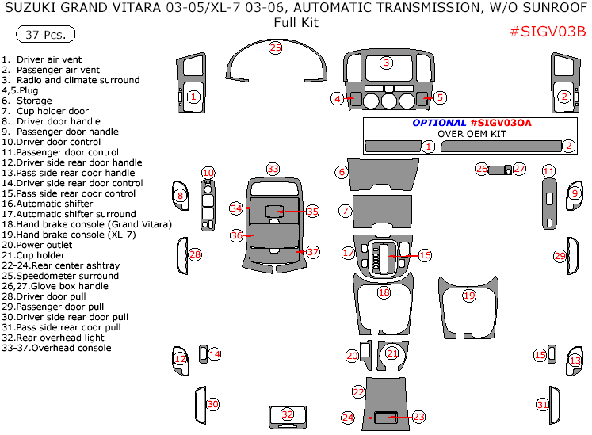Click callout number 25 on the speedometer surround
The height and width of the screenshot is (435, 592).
(275, 48)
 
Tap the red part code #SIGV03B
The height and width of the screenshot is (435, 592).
(547, 32)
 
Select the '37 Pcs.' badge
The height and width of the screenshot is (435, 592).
(46, 35)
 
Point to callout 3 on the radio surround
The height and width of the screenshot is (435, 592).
(386, 63)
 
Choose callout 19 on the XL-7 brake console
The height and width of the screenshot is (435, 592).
(468, 296)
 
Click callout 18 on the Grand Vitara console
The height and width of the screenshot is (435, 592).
(384, 292)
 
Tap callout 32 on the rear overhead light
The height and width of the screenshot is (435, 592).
(287, 414)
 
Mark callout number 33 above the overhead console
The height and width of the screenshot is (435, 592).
(273, 169)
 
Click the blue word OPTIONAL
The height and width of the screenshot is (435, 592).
(438, 123)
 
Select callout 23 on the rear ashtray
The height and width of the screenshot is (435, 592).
(418, 416)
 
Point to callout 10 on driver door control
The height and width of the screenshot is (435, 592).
(208, 172)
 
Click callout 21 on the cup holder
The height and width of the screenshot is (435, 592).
(391, 353)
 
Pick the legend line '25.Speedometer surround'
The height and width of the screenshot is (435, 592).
(60, 276)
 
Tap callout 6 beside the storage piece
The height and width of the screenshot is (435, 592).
(342, 172)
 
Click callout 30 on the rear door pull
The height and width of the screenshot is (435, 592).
(212, 404)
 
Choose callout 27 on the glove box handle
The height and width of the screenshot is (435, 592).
(519, 169)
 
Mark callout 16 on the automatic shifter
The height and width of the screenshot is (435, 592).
(425, 255)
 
